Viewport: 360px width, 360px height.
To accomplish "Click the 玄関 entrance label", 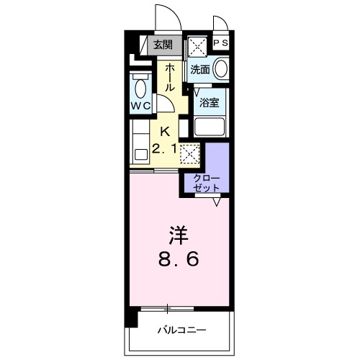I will pos(163,45).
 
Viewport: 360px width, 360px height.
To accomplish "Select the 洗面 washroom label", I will pos(200,70).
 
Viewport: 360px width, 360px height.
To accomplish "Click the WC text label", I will pos(140,106).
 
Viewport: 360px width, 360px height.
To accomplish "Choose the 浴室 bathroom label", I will pos(210,102).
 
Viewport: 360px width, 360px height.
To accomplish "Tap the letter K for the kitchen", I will pos(165,131).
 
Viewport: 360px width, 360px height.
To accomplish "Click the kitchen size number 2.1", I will pos(164,150).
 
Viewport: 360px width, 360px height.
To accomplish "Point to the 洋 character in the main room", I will pos(178,234).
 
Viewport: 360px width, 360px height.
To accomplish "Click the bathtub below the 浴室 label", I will pos(210,128).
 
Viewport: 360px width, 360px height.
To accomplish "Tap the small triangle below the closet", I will pos(215,202).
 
